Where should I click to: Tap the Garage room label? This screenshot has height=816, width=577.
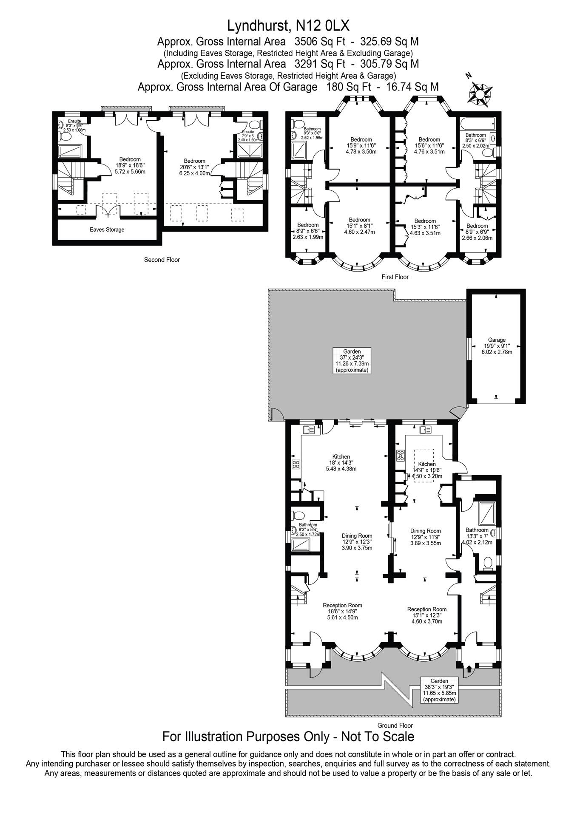coord(497,346)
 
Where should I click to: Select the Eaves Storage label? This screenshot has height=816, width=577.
coord(107,229)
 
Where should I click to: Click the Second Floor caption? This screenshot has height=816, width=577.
coord(162,260)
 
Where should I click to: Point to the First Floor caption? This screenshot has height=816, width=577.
coord(395,277)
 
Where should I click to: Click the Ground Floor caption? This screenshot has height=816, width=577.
coord(395,725)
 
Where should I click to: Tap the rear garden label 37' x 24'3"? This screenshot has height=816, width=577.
coord(352,360)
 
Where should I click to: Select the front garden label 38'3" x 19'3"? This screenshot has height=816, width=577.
coord(439,690)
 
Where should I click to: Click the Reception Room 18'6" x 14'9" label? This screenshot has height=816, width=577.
coord(342,611)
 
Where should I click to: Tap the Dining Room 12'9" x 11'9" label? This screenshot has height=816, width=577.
coord(425,537)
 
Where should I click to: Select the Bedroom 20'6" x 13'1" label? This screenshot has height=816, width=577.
coord(195,167)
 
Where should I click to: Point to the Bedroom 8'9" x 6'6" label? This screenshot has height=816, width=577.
coord(308,231)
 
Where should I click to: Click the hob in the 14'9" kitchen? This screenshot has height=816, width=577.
coord(400,456)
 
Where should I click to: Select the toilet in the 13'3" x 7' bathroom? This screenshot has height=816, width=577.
coord(488,564)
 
